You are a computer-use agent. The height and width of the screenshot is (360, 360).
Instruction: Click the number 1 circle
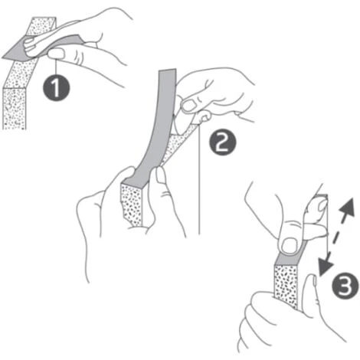(56, 88)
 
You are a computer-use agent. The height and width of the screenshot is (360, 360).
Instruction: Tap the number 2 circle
(223, 142)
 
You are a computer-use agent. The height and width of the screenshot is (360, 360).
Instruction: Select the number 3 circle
(345, 286)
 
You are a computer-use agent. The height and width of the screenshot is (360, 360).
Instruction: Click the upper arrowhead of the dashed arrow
(348, 206)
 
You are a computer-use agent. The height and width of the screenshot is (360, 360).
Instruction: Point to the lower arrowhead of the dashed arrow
(324, 267)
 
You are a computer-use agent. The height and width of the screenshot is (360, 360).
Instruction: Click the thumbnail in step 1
(56, 54)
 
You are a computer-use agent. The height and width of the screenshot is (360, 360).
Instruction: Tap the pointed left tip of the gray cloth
(2, 58)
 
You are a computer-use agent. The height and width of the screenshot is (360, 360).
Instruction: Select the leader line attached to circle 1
(56, 67)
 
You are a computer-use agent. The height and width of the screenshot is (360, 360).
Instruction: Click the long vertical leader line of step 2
(199, 178)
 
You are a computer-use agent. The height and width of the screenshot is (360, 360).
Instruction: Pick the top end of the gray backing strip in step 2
(167, 70)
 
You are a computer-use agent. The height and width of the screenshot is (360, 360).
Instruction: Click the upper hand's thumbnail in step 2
(190, 105)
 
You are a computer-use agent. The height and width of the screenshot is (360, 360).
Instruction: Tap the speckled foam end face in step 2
(131, 205)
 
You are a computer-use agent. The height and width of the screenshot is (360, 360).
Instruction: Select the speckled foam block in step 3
(286, 286)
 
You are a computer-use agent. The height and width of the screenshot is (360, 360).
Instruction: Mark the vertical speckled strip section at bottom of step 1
(15, 109)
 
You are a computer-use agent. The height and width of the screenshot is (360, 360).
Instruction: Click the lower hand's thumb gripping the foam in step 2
(162, 184)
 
